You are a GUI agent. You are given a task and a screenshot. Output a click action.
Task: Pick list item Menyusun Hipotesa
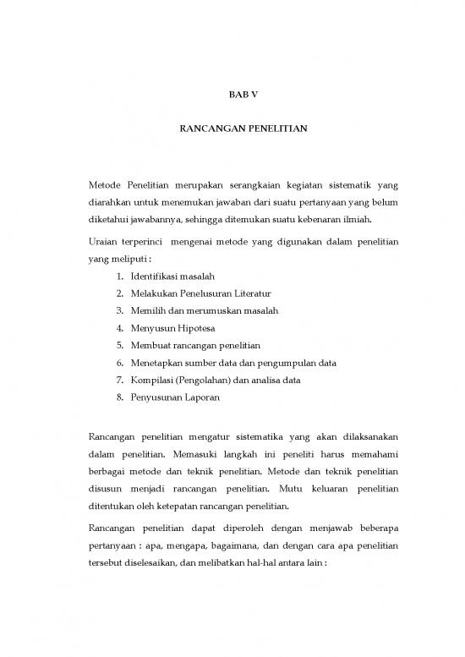pyautogui.click(x=167, y=328)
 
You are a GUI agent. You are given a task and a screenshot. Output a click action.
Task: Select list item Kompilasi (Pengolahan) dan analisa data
pyautogui.click(x=216, y=380)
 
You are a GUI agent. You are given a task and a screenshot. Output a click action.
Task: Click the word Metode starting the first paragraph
pyautogui.click(x=104, y=185)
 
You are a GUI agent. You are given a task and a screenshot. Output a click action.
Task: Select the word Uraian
pyautogui.click(x=102, y=243)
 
